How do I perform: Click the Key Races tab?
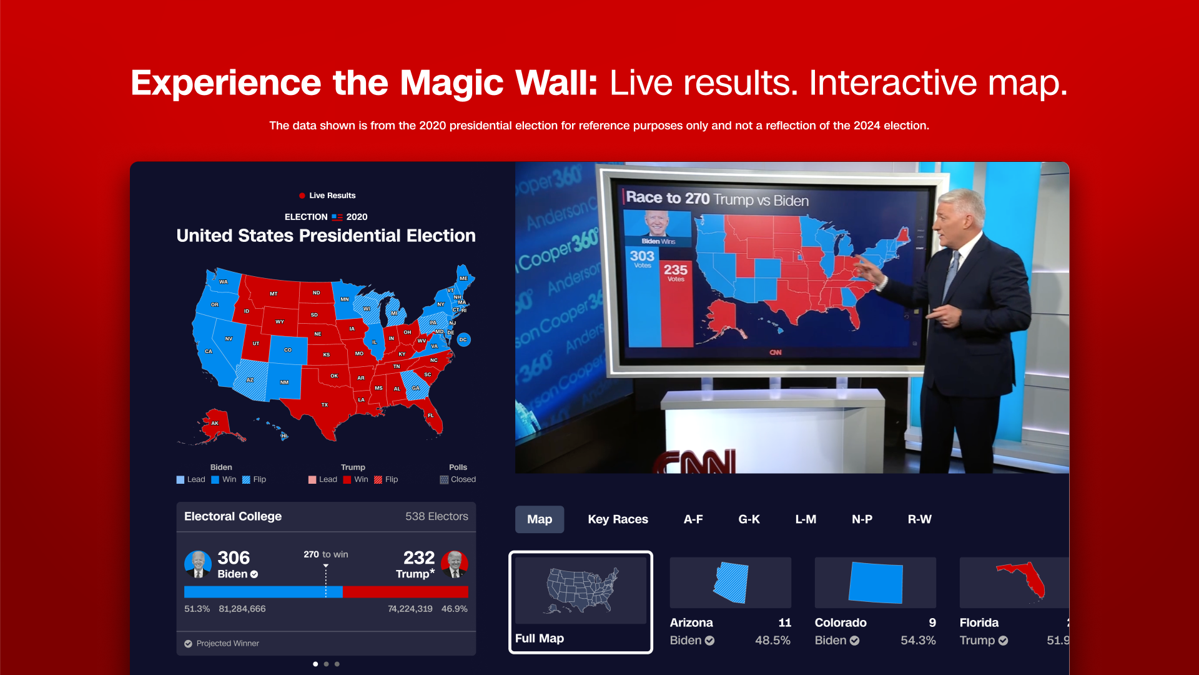click(x=618, y=519)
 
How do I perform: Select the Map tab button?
click(x=540, y=519)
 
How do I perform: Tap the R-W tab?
click(x=919, y=519)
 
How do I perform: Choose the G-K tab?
click(x=749, y=519)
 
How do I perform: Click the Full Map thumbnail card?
click(x=581, y=602)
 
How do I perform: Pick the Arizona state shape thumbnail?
click(x=731, y=582)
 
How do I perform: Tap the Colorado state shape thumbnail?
click(x=876, y=582)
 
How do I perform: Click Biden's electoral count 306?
click(x=234, y=557)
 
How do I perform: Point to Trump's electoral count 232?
click(x=418, y=557)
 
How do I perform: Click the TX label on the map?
click(x=325, y=405)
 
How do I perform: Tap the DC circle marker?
click(x=463, y=340)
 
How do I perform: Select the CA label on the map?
click(x=209, y=351)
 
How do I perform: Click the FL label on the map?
click(x=431, y=416)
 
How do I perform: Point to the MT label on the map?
click(x=274, y=294)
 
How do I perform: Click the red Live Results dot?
click(x=302, y=196)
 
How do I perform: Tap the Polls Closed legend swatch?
click(x=444, y=480)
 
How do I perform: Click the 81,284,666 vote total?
click(x=242, y=609)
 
